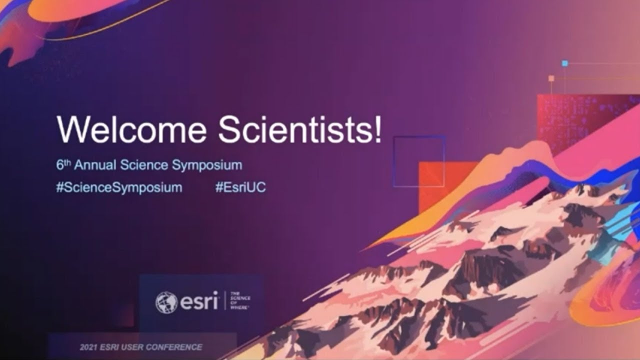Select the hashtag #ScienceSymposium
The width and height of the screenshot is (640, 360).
pyautogui.click(x=119, y=188)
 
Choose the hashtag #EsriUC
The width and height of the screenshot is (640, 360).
pyautogui.click(x=240, y=188)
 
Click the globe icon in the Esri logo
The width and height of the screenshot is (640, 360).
pyautogui.click(x=166, y=302)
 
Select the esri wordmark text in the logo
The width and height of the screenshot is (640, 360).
pyautogui.click(x=199, y=301)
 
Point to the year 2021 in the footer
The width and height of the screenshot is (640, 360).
pyautogui.click(x=89, y=347)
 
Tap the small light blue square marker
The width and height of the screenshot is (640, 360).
pyautogui.click(x=564, y=63)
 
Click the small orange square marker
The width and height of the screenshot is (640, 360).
pyautogui.click(x=551, y=78)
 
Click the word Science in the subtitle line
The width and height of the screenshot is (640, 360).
pyautogui.click(x=150, y=165)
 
